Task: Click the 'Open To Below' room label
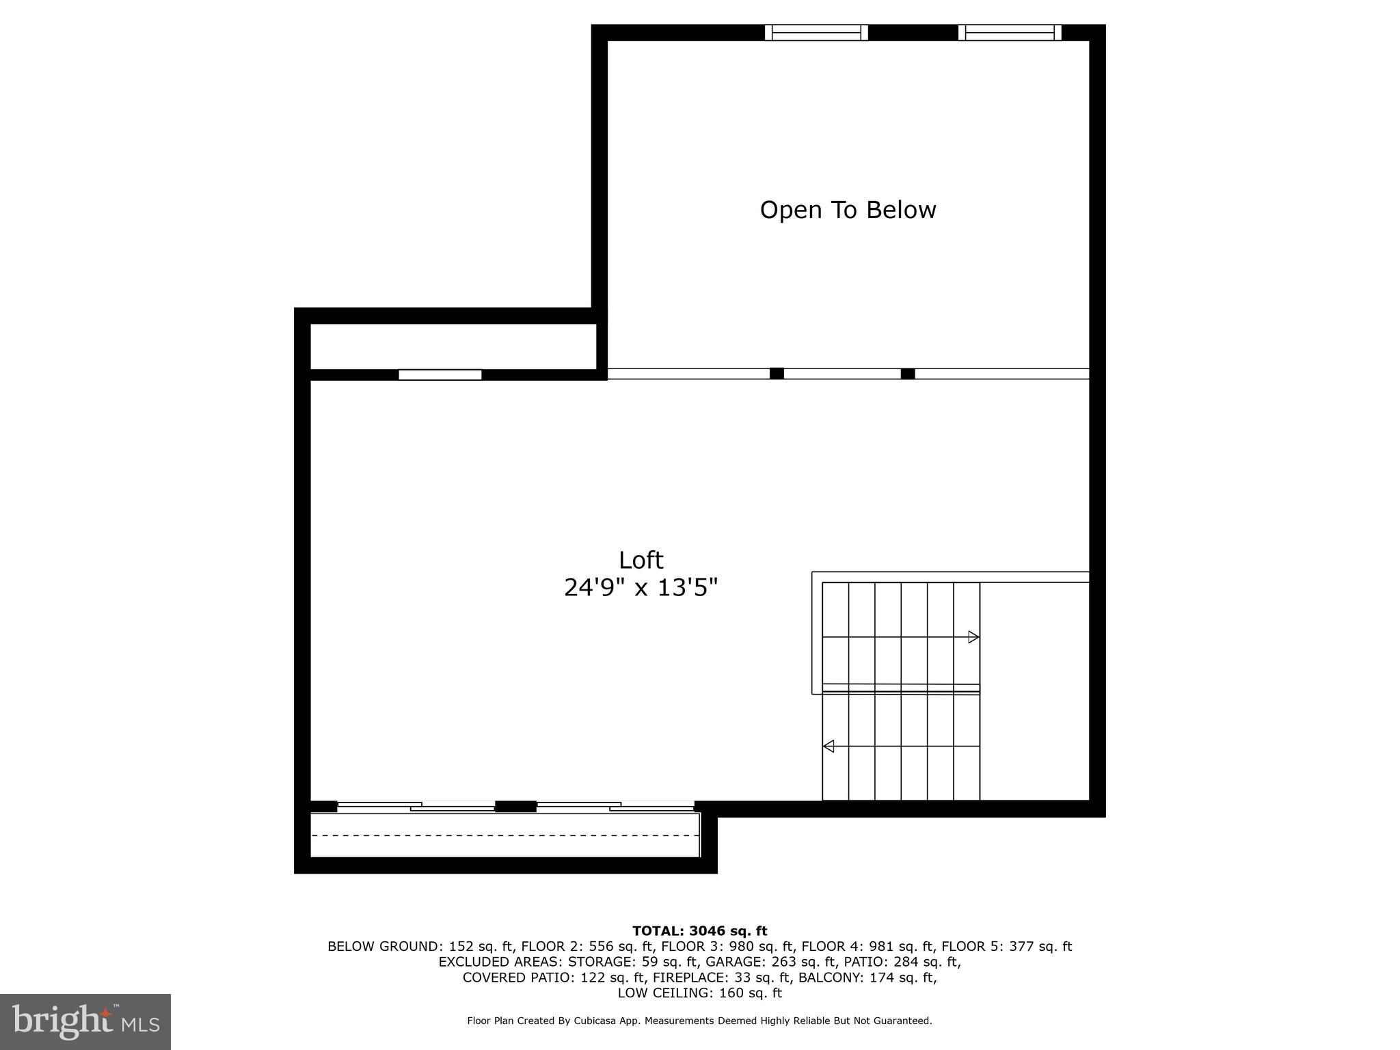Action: (848, 210)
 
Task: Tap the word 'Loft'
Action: (641, 561)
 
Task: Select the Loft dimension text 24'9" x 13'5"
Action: (641, 588)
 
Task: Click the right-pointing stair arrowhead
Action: (973, 637)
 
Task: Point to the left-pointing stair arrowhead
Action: (829, 746)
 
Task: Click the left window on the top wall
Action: (816, 32)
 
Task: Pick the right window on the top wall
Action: (1010, 32)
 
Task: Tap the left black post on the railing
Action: (777, 373)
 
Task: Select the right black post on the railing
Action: (907, 373)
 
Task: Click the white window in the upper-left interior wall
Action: (440, 375)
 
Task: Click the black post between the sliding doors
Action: (515, 807)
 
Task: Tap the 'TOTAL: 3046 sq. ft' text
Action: (699, 931)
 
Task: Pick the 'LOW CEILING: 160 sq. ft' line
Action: (699, 993)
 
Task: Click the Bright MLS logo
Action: (85, 1021)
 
